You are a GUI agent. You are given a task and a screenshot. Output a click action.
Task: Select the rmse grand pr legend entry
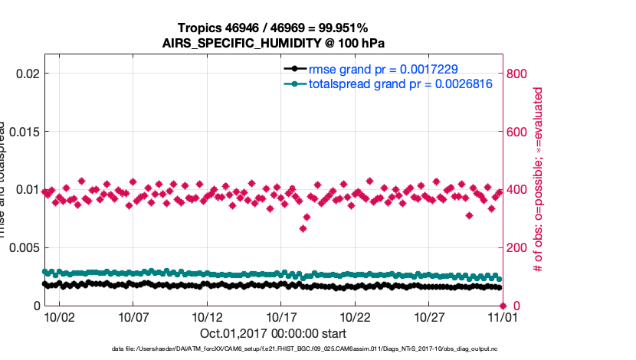[382, 70]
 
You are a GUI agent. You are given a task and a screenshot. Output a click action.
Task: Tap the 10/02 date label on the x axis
[59, 317]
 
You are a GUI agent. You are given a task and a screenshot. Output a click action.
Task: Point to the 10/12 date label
[207, 317]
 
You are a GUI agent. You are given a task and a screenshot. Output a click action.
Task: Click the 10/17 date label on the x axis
[281, 317]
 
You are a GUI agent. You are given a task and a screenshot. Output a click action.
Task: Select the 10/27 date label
[429, 317]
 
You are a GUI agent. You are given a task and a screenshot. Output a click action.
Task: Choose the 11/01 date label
[503, 317]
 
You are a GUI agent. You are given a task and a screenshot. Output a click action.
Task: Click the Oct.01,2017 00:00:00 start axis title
[274, 333]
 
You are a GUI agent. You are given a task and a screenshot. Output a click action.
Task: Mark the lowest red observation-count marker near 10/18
[303, 228]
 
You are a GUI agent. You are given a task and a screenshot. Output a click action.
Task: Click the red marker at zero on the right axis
[503, 306]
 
